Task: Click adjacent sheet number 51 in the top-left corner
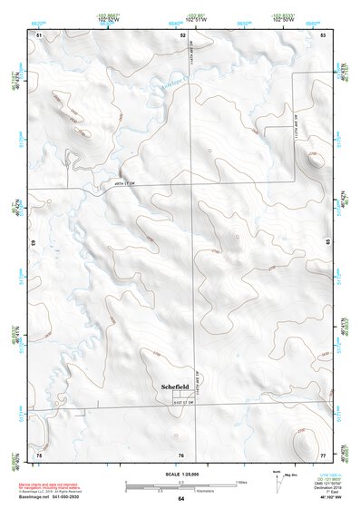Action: [x=39, y=34]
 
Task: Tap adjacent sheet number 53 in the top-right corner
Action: [x=323, y=34]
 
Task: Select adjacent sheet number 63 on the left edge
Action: [x=34, y=243]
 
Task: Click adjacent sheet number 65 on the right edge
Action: [x=328, y=243]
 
